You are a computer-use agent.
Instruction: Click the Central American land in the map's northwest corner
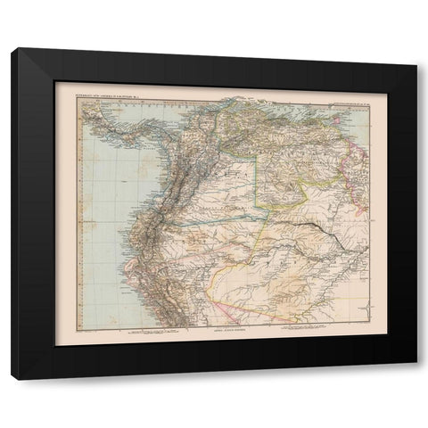pos(89,111)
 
